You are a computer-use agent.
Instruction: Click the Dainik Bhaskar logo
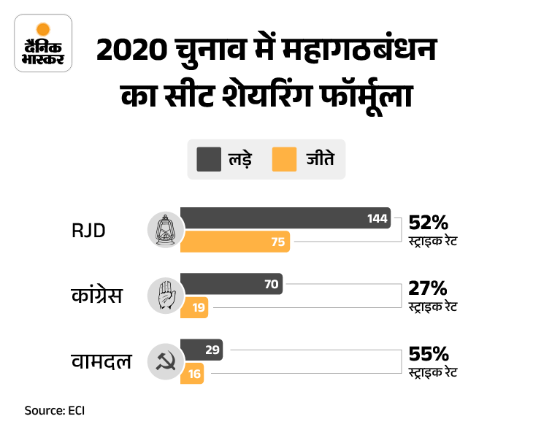tap(43, 45)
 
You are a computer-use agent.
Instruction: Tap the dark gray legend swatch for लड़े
tap(208, 158)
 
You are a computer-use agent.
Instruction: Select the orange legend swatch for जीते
tap(284, 158)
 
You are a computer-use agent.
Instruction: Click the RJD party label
tap(88, 231)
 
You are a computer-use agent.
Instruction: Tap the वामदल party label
tap(101, 360)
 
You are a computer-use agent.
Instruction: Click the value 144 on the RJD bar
tap(377, 219)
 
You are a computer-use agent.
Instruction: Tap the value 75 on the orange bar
tap(277, 242)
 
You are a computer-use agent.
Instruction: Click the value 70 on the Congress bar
tap(271, 284)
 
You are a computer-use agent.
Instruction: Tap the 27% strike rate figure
tap(428, 288)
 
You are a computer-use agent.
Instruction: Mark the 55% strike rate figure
tap(429, 353)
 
